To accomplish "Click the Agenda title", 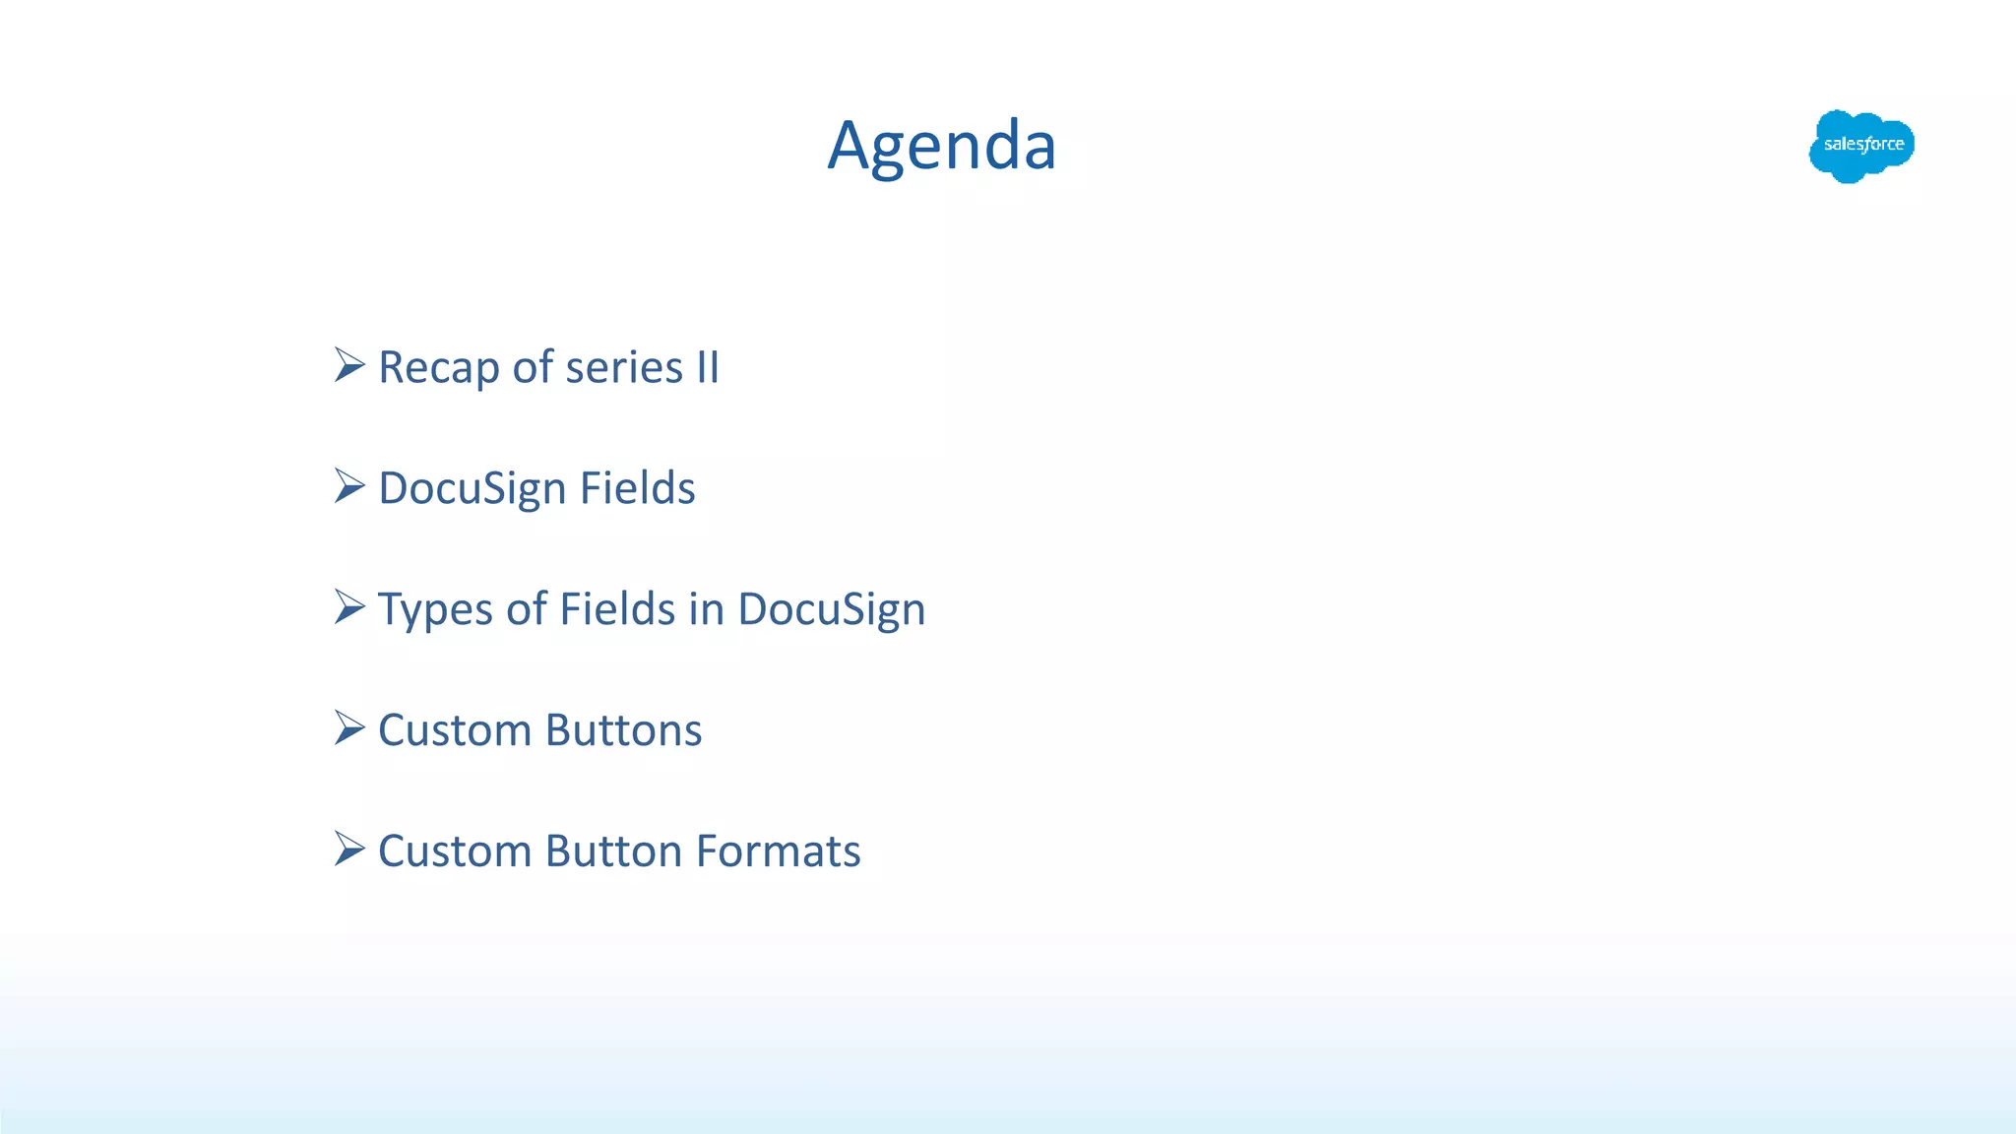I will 942,146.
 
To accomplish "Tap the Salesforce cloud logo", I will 1860,146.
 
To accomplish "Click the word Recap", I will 438,368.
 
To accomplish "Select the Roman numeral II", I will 708,367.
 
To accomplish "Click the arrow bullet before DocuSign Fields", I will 348,485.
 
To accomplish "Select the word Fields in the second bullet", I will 637,488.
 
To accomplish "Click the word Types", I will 434,610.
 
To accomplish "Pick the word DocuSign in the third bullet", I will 831,610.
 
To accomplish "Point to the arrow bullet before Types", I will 348,606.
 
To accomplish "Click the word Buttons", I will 623,730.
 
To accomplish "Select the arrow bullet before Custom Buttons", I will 348,727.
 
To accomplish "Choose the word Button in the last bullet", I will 613,851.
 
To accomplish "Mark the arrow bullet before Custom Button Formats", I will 348,849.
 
